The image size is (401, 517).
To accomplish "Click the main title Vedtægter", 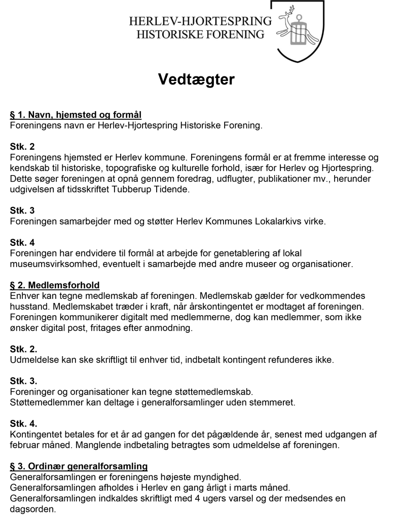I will (x=196, y=79).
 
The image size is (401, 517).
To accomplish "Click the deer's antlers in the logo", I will (x=289, y=10).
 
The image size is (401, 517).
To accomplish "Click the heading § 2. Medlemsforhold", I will (x=55, y=285).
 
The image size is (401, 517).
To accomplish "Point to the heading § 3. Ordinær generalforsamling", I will (x=79, y=466).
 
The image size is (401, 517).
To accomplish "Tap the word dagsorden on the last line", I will (x=32, y=509).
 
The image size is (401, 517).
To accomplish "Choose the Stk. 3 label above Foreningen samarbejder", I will (x=22, y=210).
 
